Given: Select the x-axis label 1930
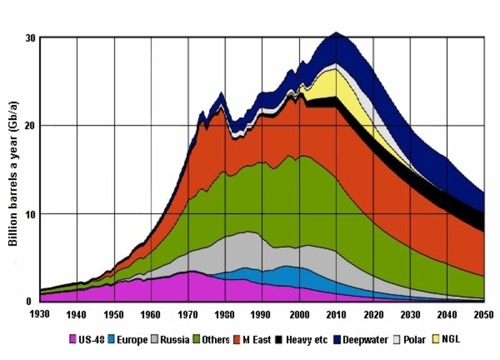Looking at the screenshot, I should tap(40, 313).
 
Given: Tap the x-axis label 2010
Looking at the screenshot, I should tap(337, 313).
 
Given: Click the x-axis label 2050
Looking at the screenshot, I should tap(484, 313).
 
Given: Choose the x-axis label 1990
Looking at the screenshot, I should tap(262, 313).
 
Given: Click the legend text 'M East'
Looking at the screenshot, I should tap(257, 340).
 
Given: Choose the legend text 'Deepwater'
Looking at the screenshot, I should tap(365, 340).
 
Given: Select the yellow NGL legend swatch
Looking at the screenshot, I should tap(437, 340).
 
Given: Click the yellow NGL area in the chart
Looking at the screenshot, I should tap(333, 83).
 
